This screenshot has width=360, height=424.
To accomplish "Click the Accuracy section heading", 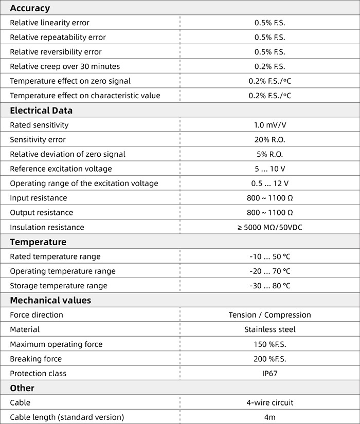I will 30,8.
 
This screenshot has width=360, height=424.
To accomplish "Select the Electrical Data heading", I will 41,110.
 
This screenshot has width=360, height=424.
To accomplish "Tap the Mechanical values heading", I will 50,300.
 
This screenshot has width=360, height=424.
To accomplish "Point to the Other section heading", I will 22,388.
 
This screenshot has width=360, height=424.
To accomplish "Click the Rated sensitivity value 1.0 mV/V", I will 269,125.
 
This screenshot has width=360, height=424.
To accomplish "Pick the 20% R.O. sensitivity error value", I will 269,140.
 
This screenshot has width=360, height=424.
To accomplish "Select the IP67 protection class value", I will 269,374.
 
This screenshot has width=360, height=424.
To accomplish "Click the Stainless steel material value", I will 269,329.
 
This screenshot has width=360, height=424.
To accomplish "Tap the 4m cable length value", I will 269,417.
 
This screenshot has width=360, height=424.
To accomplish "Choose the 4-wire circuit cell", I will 269,403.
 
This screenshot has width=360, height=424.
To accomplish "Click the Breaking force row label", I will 35,359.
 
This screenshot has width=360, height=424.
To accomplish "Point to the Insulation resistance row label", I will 47,227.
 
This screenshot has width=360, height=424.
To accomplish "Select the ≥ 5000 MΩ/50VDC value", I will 269,227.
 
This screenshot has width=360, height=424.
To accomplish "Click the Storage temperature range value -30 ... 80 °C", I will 269,286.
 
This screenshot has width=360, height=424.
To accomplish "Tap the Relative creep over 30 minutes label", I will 65,66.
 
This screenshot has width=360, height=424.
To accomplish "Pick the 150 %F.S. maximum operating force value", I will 269,344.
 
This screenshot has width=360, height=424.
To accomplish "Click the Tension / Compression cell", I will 269,315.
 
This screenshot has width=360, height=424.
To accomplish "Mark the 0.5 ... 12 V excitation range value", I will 269,183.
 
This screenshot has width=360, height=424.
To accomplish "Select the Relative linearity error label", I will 49,23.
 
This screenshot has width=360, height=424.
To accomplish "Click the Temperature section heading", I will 38,242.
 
